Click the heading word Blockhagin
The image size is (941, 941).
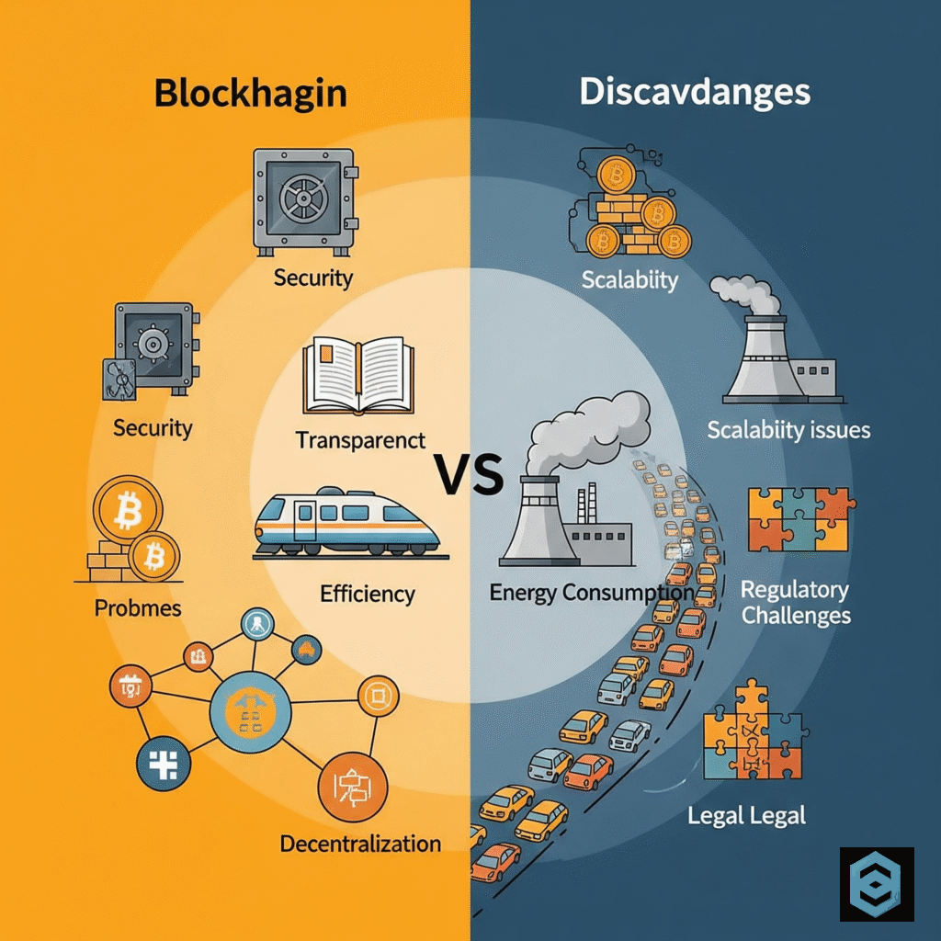250,94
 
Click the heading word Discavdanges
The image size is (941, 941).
695,93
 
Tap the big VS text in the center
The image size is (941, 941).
470,475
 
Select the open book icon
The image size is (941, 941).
358,375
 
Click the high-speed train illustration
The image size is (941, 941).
347,523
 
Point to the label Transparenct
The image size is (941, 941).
360,440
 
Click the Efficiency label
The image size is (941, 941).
368,595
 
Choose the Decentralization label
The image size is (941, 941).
360,844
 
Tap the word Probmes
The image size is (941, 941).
138,608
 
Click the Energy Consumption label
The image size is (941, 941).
592,593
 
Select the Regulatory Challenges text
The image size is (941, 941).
796,603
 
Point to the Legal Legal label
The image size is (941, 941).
746,816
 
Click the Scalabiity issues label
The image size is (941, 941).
788,430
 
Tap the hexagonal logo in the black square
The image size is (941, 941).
876,884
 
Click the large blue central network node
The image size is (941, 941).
250,712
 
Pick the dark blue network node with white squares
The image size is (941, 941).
164,764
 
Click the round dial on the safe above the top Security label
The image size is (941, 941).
303,197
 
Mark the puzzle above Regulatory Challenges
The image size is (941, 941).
800,520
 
